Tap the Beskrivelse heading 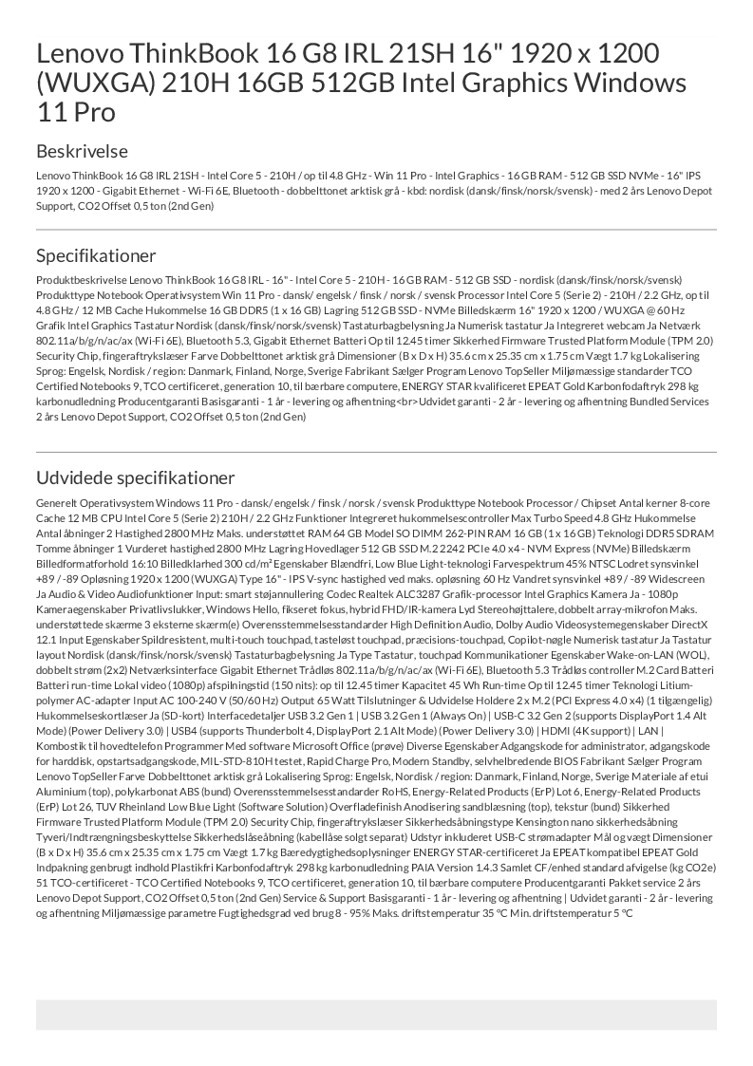pyautogui.click(x=82, y=151)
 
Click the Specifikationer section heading pyautogui.click(x=96, y=255)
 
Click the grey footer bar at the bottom pyautogui.click(x=376, y=1014)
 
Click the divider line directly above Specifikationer pyautogui.click(x=376, y=230)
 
